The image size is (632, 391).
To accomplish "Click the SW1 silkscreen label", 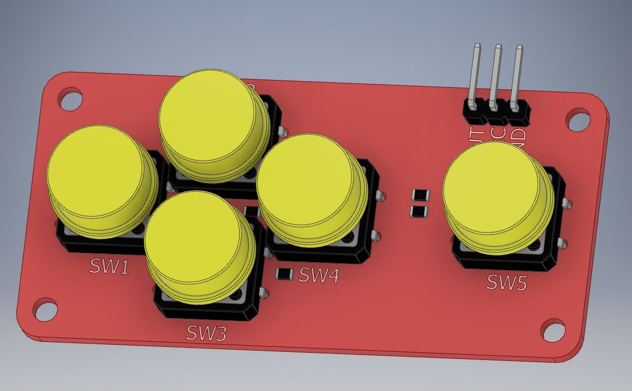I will pyautogui.click(x=110, y=266).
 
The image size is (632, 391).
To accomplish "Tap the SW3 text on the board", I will pyautogui.click(x=206, y=332).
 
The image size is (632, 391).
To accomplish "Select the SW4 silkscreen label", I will pyautogui.click(x=319, y=276).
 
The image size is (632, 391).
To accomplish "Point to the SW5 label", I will pyautogui.click(x=507, y=282).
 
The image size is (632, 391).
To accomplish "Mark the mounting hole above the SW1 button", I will pyautogui.click(x=70, y=99).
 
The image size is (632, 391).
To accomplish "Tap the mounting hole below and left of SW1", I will pyautogui.click(x=45, y=309).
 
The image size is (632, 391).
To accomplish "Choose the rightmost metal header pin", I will pyautogui.click(x=516, y=74).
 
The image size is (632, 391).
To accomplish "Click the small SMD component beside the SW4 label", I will pyautogui.click(x=284, y=274).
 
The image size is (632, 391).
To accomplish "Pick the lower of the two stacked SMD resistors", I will pyautogui.click(x=419, y=211).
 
